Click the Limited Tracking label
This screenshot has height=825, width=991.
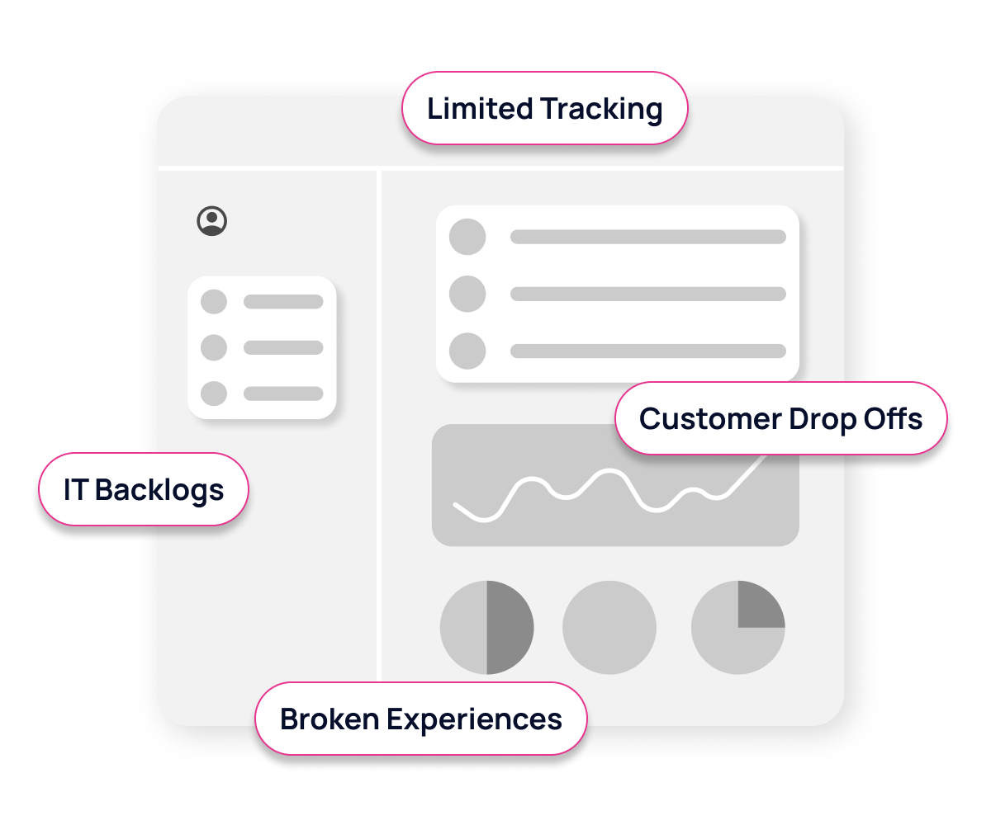click(x=544, y=109)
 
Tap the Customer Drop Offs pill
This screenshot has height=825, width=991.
click(x=780, y=418)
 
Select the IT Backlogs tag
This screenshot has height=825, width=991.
click(x=144, y=489)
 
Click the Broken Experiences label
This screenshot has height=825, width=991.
click(x=420, y=719)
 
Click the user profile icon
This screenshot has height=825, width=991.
click(x=212, y=221)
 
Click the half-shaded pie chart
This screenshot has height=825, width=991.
click(x=486, y=628)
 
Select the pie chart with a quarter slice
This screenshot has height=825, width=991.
click(x=737, y=628)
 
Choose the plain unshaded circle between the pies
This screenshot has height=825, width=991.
click(x=609, y=628)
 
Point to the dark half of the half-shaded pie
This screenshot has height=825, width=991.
click(x=510, y=628)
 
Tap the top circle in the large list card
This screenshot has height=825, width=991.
click(x=467, y=237)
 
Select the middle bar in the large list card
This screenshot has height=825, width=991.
click(x=647, y=294)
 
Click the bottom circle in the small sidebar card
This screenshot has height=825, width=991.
click(x=214, y=394)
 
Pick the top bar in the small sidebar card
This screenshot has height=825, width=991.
click(x=282, y=302)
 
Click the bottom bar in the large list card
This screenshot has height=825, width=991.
click(x=647, y=351)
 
